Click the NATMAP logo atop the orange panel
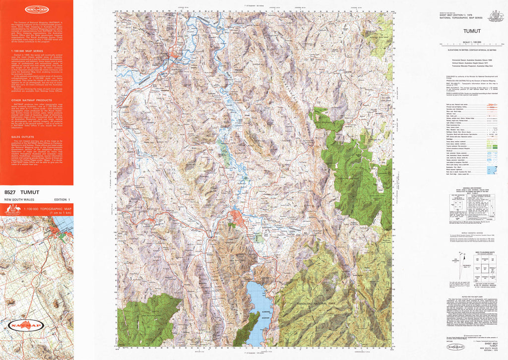[36, 9]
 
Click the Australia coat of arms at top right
[495, 17]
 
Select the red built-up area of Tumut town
[236, 217]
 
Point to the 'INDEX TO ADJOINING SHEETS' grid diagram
[474, 270]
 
